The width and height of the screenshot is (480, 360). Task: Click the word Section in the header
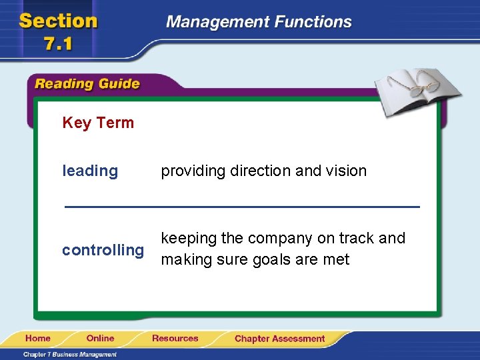point(59,21)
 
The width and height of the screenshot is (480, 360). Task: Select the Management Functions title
point(259,22)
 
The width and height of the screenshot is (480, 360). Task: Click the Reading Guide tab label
point(87,84)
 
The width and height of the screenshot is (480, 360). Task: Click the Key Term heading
point(98,123)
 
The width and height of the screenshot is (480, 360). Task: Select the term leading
point(90,171)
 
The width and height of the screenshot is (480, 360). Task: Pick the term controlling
point(103,251)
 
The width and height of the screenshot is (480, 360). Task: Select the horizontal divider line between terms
point(242,207)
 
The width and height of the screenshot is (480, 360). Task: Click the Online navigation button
point(100,339)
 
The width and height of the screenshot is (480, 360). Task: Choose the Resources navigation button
point(175,339)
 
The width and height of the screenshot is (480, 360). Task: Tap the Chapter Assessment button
point(279,339)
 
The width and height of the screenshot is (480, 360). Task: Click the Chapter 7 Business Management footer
point(69,355)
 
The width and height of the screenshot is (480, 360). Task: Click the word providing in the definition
point(193,171)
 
